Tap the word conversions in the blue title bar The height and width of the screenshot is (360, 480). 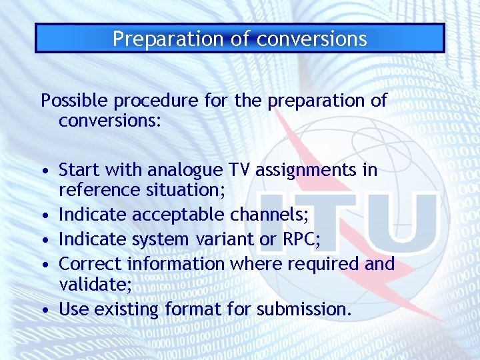312,39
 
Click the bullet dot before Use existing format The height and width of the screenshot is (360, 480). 44,310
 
